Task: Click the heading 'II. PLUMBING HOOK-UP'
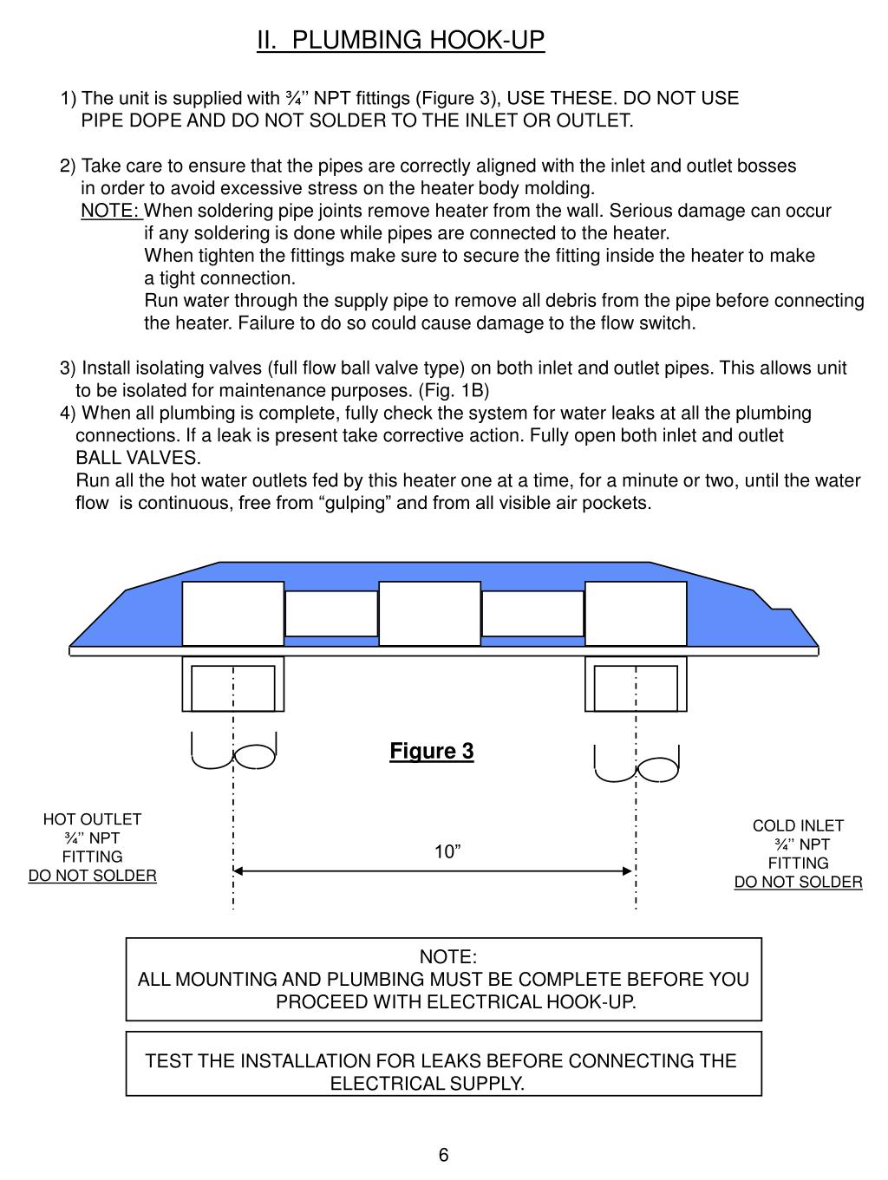401,40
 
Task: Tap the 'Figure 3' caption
431,751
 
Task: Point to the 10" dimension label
447,852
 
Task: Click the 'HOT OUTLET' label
92,819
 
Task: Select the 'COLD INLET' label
798,825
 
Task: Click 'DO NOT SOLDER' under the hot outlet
92,876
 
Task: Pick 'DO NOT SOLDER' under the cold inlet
798,882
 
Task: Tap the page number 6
443,1155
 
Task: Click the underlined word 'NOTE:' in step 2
110,211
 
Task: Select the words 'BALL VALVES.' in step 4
138,458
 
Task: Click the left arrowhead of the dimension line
238,870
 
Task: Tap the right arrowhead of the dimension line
630,870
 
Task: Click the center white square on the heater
429,613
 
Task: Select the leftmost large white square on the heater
232,613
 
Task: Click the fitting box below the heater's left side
232,684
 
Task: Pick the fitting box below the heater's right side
636,684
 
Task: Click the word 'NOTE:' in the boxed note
447,956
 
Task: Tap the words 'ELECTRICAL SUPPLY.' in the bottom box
427,1084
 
